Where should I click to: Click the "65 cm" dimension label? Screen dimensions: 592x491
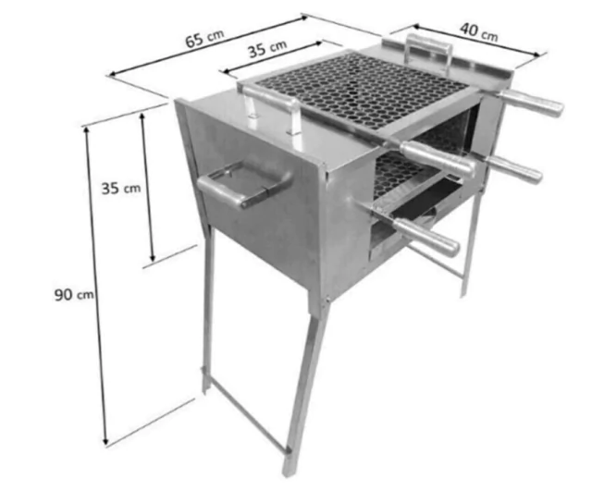(x=204, y=38)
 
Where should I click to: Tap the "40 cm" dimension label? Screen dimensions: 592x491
(x=479, y=31)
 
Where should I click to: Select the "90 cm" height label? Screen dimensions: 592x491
(x=74, y=294)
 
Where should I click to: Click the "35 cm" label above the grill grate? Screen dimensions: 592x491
(x=267, y=48)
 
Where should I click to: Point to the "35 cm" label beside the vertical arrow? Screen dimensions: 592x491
(x=121, y=188)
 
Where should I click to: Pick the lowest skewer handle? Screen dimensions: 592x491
(x=425, y=237)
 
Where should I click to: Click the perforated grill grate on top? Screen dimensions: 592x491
(x=362, y=91)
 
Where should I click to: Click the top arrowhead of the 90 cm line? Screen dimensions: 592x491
(x=86, y=130)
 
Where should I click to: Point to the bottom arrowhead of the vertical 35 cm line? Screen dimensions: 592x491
(x=152, y=257)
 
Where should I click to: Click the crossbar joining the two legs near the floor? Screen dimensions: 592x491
(x=247, y=414)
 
